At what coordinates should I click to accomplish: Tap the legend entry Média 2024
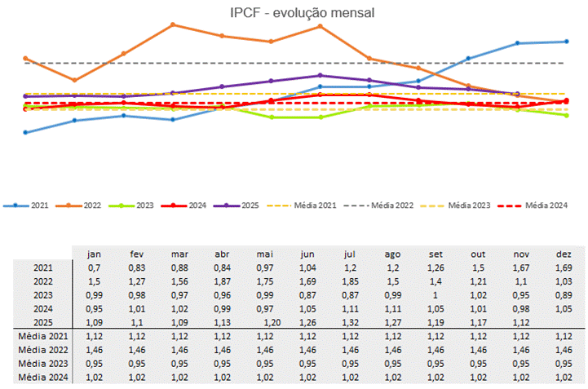pos(546,206)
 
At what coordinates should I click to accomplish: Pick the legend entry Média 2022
pos(392,206)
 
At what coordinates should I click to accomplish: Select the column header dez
pos(563,254)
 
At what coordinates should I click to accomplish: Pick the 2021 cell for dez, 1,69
pos(563,267)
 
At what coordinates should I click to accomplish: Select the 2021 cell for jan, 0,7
pos(94,267)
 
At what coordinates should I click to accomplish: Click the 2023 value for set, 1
pos(435,294)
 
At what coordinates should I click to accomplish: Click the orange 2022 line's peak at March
pos(173,24)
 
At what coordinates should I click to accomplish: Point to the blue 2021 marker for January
pos(25,132)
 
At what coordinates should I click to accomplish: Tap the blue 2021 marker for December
pos(566,42)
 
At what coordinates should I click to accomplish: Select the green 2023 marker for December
pos(566,115)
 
